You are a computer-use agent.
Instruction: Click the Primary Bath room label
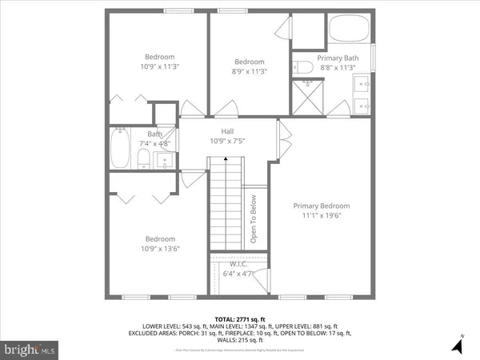click(338, 58)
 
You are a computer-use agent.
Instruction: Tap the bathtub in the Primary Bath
click(350, 30)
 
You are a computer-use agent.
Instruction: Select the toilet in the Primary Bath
click(302, 66)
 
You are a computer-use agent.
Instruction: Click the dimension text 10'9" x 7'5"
click(228, 141)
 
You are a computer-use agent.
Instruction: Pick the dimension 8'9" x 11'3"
click(250, 72)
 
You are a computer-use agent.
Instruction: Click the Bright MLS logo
click(30, 349)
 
